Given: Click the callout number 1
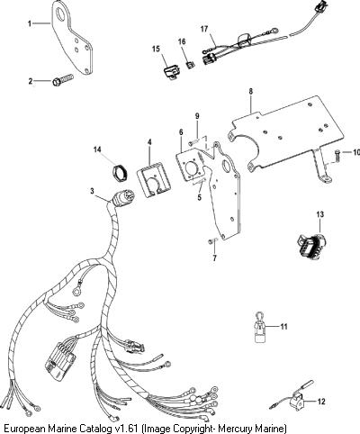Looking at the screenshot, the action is click(x=30, y=23).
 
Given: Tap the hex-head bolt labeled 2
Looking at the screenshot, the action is click(x=63, y=80).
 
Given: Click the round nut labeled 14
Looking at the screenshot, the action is click(x=120, y=172).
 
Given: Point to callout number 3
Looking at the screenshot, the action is click(x=92, y=191).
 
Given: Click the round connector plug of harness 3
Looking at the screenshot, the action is click(x=123, y=198).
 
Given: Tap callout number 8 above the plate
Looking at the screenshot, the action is click(x=251, y=91).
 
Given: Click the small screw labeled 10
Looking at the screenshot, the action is click(x=337, y=156).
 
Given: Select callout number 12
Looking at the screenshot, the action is click(x=321, y=402).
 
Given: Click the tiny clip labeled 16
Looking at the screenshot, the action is click(x=190, y=64).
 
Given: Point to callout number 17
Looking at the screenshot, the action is click(x=204, y=29).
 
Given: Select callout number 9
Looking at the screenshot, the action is click(x=197, y=116).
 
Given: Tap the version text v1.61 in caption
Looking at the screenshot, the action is click(x=127, y=428).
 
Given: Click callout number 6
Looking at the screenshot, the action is click(x=181, y=132).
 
